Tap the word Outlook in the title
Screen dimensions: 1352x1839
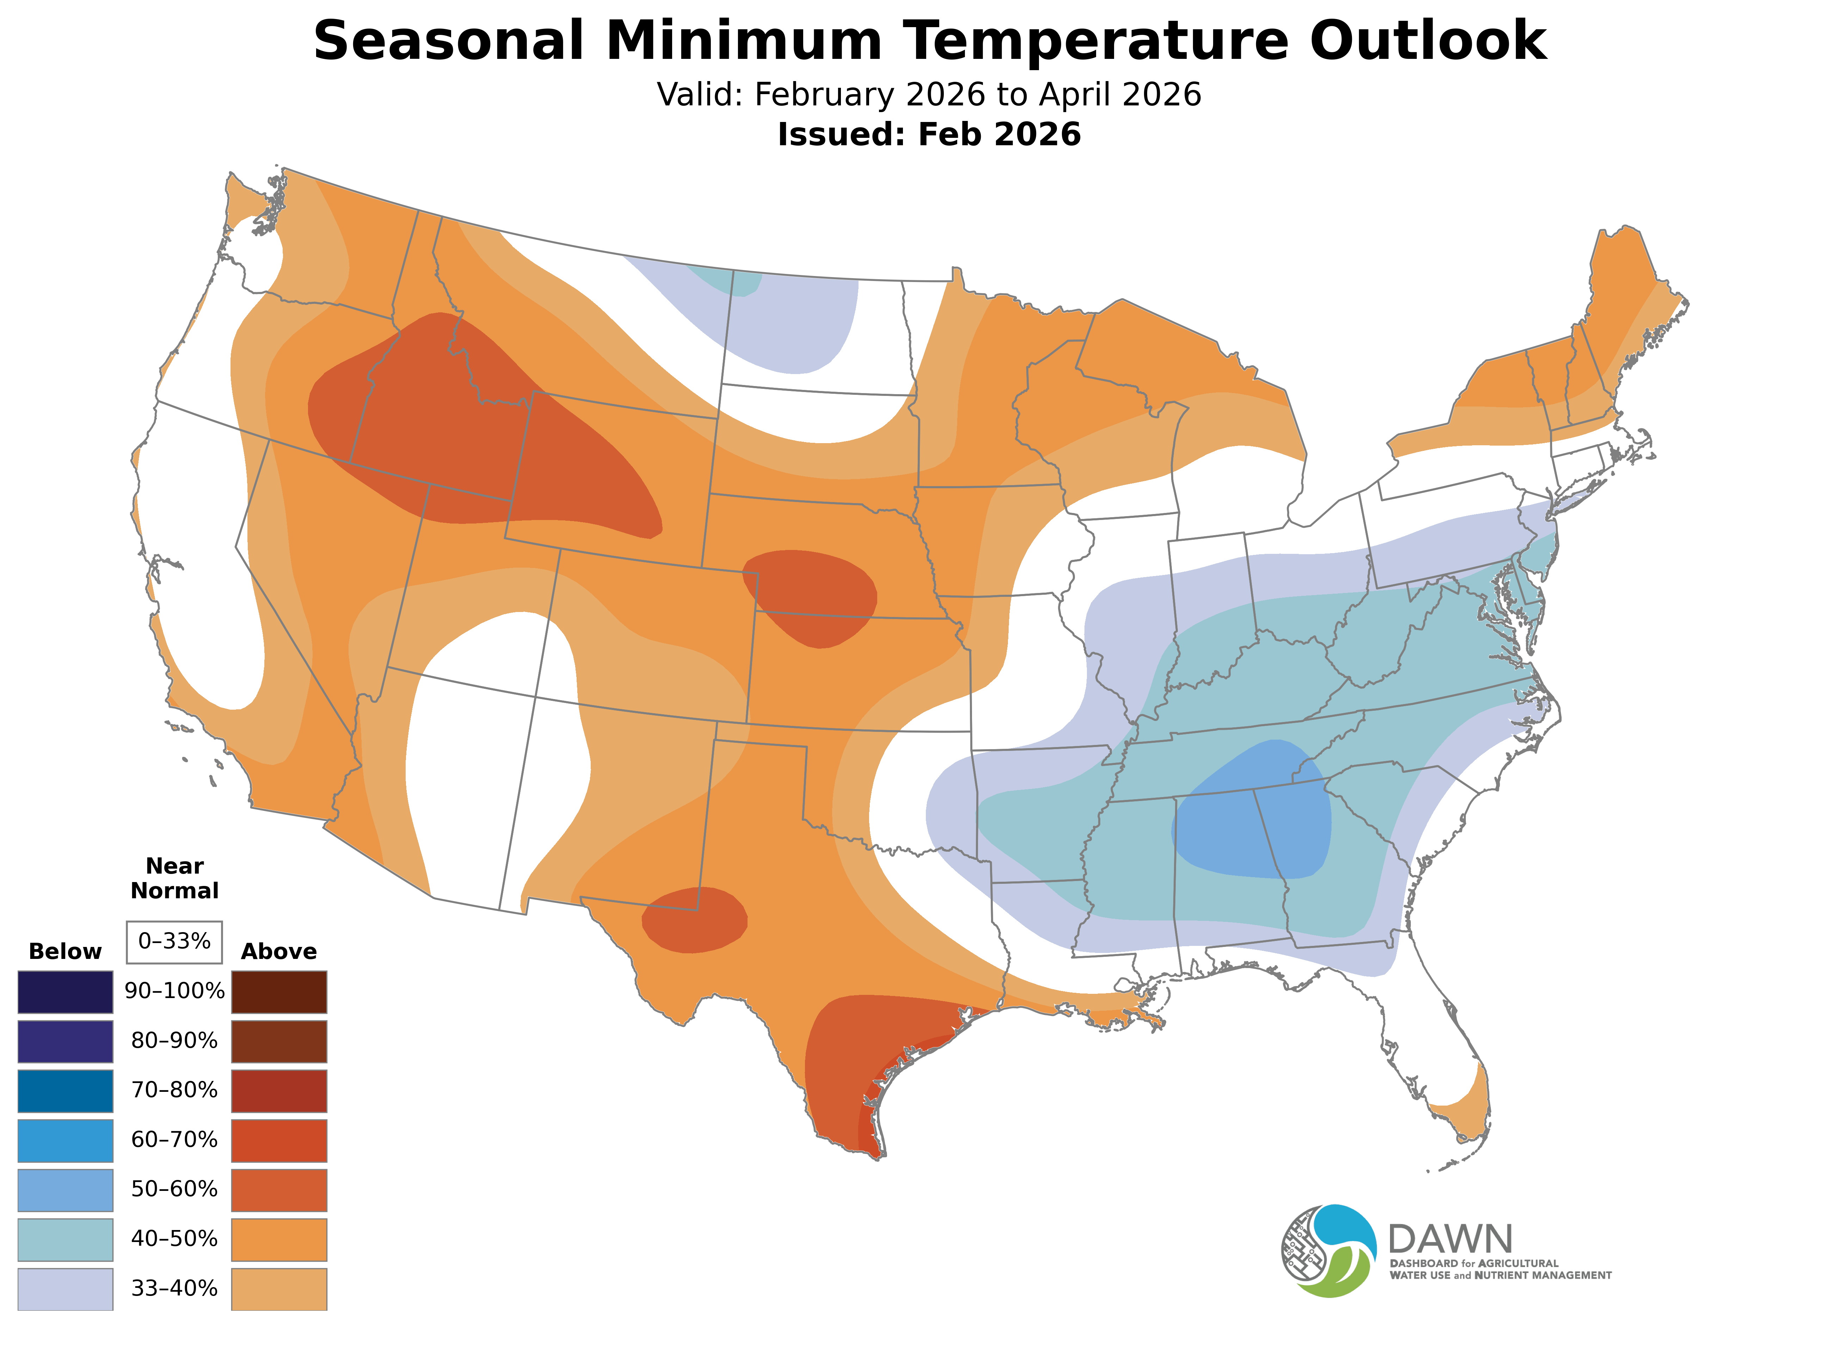(x=1427, y=41)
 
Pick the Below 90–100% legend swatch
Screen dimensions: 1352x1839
(x=66, y=992)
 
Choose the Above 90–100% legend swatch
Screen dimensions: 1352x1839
(x=279, y=992)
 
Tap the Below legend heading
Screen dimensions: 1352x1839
(x=66, y=952)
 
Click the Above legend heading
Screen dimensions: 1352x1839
(x=279, y=952)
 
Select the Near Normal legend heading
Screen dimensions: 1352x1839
(x=174, y=878)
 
